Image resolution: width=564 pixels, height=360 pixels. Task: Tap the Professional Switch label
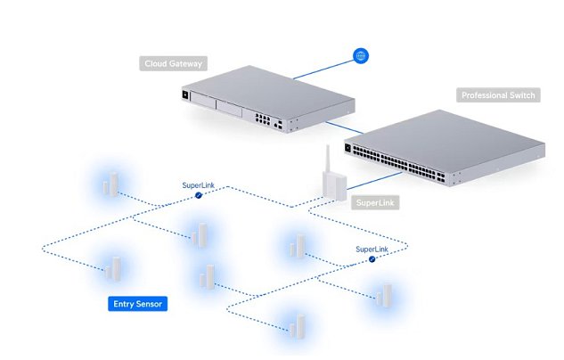click(498, 95)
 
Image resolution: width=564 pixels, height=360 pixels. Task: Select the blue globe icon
click(362, 56)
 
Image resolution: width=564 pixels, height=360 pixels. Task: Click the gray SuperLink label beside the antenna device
click(375, 203)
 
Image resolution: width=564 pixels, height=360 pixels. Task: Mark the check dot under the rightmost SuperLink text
click(372, 259)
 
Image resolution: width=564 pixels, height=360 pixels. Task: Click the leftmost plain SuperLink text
click(198, 185)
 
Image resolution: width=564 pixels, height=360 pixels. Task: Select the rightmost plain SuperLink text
click(372, 250)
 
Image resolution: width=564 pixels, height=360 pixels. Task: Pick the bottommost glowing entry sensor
click(295, 325)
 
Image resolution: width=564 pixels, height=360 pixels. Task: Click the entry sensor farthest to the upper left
click(109, 185)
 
